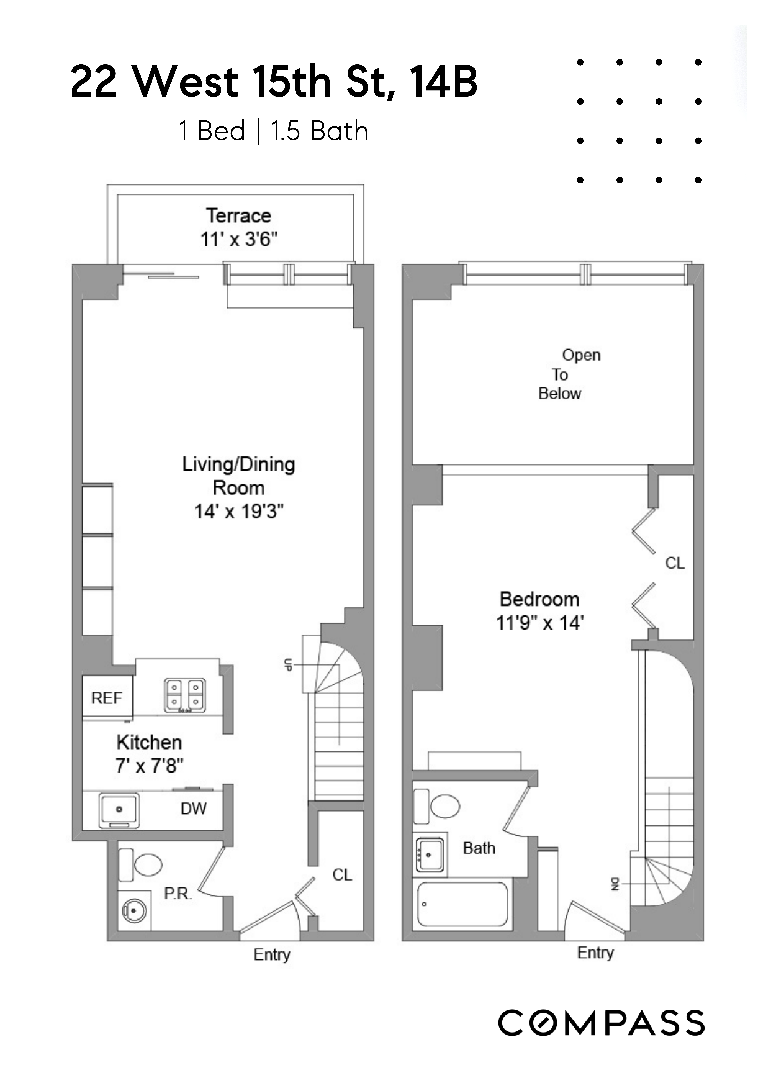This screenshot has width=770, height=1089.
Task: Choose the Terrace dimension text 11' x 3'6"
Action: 239,239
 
